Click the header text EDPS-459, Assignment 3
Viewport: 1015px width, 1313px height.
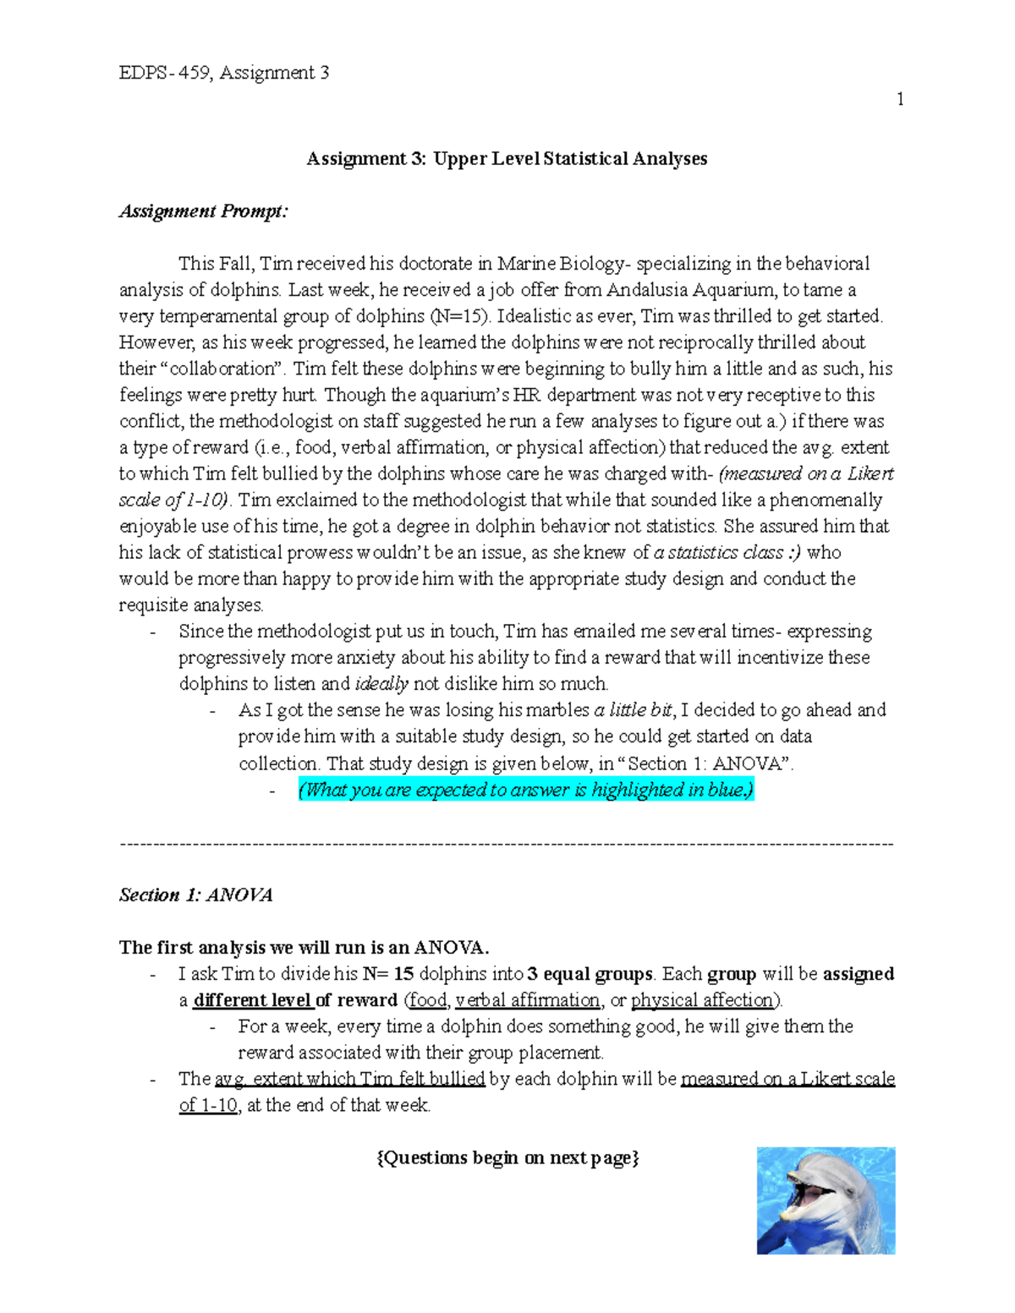[x=224, y=73]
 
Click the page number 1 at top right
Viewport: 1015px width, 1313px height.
[x=900, y=100]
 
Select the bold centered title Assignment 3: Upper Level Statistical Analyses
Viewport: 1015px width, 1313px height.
[x=507, y=159]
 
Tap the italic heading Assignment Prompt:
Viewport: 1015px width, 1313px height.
[x=203, y=211]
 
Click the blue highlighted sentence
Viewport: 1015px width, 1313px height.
[x=525, y=791]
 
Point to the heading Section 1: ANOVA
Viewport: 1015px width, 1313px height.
[x=195, y=895]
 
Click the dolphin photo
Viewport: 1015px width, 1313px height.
[x=826, y=1200]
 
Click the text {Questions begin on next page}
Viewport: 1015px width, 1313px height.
[x=507, y=1158]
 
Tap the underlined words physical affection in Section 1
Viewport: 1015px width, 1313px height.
[x=703, y=1000]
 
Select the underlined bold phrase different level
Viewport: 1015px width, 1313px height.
[x=252, y=1000]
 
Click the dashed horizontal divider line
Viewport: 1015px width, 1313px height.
[x=507, y=844]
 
